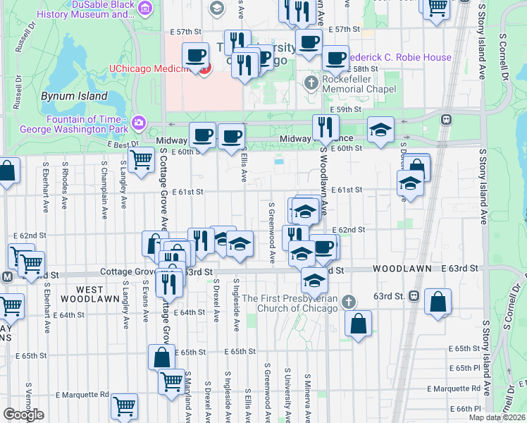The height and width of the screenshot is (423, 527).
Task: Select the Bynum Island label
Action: click(x=74, y=96)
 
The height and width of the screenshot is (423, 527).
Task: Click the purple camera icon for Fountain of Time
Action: click(x=139, y=123)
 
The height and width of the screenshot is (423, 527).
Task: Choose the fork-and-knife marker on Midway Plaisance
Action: click(x=325, y=128)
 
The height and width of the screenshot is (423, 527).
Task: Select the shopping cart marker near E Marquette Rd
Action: click(x=124, y=405)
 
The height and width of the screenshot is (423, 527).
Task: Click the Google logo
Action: click(x=23, y=415)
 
